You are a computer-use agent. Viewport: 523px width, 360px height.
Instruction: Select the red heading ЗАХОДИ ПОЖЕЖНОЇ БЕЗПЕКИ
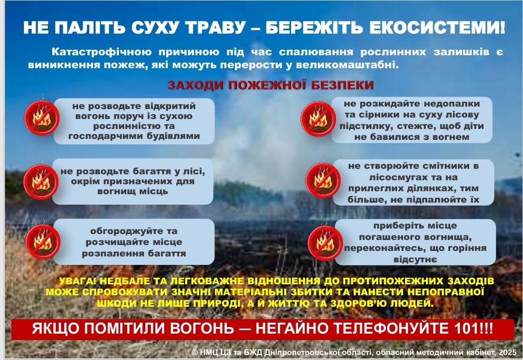[x=271, y=85]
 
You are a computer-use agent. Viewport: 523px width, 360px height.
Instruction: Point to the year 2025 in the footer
[x=508, y=352]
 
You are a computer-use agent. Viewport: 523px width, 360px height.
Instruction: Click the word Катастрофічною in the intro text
[x=102, y=52]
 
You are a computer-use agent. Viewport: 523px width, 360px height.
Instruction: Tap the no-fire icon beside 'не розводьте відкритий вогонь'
[x=42, y=118]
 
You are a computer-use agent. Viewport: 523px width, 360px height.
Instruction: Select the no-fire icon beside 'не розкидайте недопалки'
[x=318, y=119]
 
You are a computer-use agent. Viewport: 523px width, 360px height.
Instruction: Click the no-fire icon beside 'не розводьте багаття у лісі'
[x=41, y=182]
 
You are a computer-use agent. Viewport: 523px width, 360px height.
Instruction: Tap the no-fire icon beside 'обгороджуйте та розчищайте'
[x=43, y=241]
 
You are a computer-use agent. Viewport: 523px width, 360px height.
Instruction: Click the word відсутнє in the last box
[x=415, y=259]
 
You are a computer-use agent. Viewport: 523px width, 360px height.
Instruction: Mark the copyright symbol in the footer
[x=195, y=353]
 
